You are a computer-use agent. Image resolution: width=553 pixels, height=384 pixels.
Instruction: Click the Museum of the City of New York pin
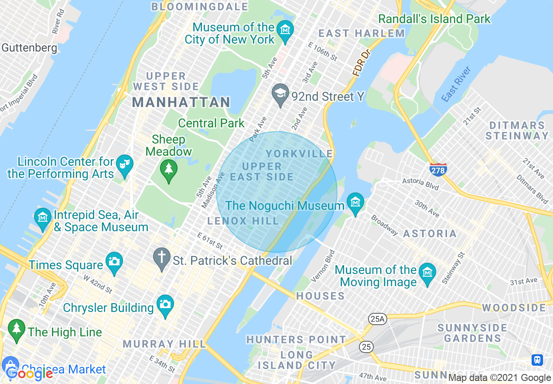tap(285, 31)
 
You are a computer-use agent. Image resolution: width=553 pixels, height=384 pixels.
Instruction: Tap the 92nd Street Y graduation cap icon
tap(280, 94)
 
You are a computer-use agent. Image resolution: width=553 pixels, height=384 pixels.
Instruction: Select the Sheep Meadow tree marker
tap(168, 170)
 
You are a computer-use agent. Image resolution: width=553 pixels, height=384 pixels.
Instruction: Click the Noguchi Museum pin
tap(355, 203)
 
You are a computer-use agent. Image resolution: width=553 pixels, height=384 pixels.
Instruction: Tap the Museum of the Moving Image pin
tap(427, 274)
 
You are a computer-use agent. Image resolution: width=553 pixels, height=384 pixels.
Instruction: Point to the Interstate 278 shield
tap(438, 169)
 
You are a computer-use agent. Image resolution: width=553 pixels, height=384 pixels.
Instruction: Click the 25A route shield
tap(377, 319)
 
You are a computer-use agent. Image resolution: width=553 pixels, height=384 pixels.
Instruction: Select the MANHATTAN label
tap(181, 102)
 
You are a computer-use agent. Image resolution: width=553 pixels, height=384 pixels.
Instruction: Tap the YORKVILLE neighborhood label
tap(299, 154)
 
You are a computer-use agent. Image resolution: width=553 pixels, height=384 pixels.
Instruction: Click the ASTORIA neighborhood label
tap(430, 234)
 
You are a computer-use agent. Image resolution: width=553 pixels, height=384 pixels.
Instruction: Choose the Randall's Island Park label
tap(434, 19)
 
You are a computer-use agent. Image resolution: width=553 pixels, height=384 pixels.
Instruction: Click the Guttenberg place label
tap(29, 48)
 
